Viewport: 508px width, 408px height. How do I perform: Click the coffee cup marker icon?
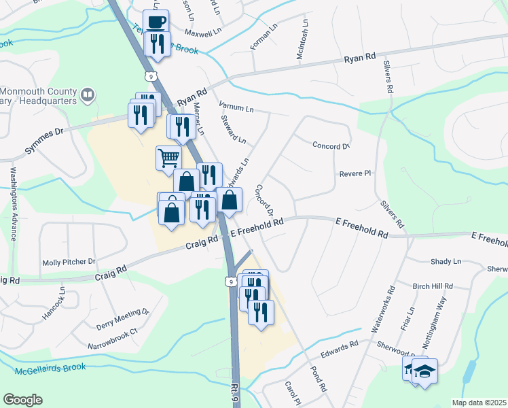coord(156,21)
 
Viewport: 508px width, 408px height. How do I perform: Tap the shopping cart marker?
coord(168,158)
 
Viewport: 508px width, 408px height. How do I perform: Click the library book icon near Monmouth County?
coord(87,95)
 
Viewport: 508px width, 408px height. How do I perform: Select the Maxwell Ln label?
coord(183,31)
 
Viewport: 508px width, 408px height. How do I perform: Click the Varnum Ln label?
coord(236,107)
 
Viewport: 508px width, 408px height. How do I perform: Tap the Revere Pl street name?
coord(355,173)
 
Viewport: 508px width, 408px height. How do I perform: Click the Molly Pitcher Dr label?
coord(69,262)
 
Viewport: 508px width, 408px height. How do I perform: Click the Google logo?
coord(22,400)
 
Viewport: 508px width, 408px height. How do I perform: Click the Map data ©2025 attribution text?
coord(478,403)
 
